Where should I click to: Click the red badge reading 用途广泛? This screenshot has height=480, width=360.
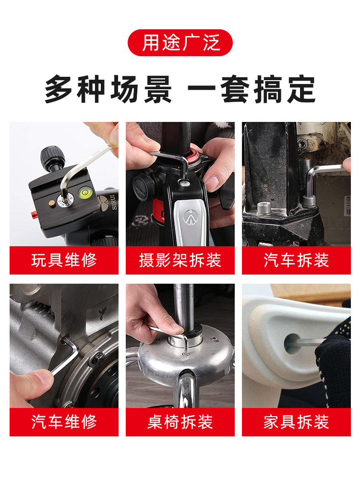(x=180, y=43)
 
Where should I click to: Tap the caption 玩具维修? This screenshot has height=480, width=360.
(x=64, y=260)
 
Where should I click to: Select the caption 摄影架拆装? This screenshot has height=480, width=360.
(x=180, y=260)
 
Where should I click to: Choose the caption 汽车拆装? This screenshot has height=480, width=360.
(x=296, y=260)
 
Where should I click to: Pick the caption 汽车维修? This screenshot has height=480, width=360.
(x=64, y=422)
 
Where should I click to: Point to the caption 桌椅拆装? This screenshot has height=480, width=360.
(x=180, y=422)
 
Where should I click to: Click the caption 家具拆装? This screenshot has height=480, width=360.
(x=296, y=422)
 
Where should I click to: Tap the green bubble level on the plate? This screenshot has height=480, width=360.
(x=84, y=192)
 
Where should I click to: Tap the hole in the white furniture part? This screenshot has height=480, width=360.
(x=291, y=344)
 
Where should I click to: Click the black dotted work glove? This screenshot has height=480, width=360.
(x=335, y=358)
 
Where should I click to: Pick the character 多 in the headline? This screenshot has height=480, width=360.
(x=59, y=89)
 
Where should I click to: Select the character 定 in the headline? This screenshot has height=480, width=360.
(x=301, y=89)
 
